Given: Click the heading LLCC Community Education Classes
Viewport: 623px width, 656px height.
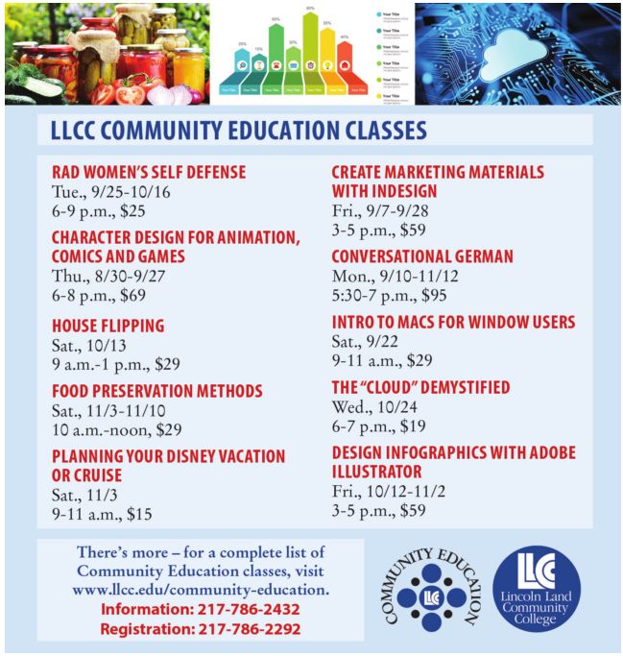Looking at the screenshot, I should pos(239,130).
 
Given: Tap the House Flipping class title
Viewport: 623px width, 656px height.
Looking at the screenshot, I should pos(108,326).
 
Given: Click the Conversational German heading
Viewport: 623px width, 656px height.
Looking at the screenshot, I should pos(422,256).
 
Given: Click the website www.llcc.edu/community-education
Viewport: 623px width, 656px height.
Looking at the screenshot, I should pos(201,589).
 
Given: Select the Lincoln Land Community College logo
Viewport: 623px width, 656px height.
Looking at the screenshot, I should pos(537,587).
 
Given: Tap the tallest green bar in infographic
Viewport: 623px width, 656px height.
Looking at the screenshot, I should pos(310,48).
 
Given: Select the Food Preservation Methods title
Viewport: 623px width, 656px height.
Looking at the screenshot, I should pos(156,391).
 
